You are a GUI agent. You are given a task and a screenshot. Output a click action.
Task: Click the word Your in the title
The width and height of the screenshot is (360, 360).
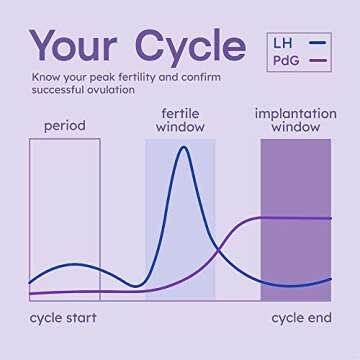pyautogui.click(x=83, y=46)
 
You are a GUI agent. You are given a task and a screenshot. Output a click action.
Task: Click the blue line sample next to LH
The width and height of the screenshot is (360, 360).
pyautogui.click(x=320, y=44)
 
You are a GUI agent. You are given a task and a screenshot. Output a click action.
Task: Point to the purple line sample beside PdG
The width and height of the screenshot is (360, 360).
pyautogui.click(x=320, y=62)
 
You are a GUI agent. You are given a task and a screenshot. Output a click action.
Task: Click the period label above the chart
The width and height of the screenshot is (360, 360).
pyautogui.click(x=64, y=126)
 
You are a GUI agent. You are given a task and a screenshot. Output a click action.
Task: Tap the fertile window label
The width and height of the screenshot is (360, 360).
pyautogui.click(x=180, y=119)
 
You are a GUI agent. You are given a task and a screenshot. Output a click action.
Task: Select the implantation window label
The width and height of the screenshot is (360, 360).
pyautogui.click(x=295, y=119)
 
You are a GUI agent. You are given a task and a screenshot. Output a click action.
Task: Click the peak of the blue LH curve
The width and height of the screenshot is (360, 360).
pyautogui.click(x=182, y=148)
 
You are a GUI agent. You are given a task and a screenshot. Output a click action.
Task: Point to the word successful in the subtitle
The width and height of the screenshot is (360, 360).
pyautogui.click(x=58, y=90)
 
